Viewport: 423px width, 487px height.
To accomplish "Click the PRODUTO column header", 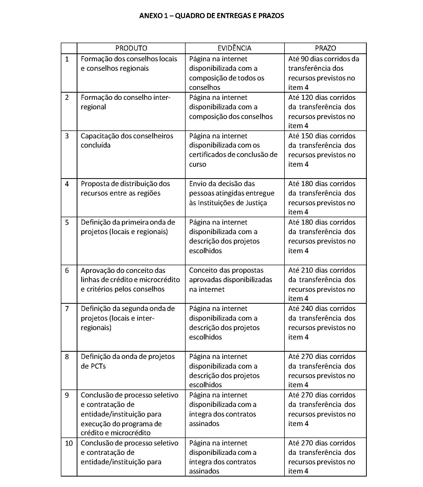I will pos(131,48).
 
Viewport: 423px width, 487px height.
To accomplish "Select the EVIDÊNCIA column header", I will pos(234,48).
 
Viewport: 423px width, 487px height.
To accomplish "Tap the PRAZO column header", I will pos(325,48).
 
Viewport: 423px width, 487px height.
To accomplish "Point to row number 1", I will pos(67,59).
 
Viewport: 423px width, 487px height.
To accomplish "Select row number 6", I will pos(67,270).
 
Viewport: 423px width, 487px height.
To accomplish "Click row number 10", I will pos(69,443).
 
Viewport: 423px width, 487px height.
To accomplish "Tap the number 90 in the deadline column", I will pos(304,59).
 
